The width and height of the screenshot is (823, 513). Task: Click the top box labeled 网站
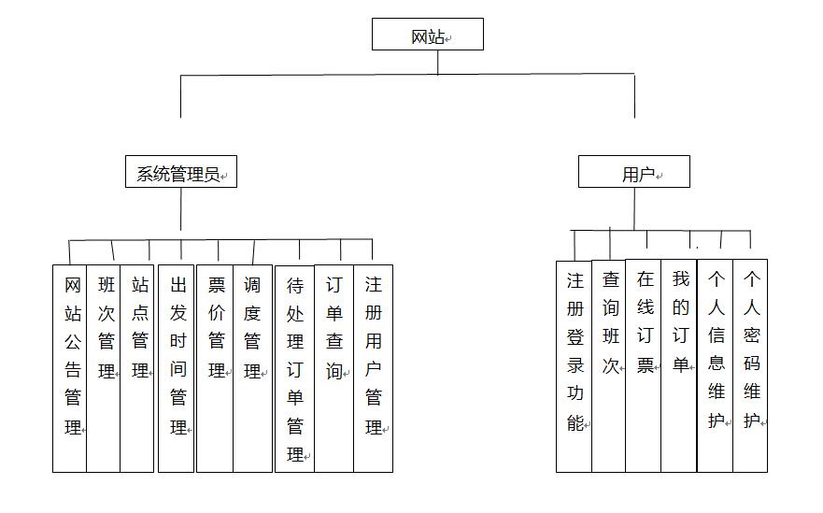(427, 35)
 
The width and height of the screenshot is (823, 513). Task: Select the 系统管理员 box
(181, 171)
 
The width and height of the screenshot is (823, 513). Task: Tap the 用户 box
(634, 171)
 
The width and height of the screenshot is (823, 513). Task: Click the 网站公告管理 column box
(69, 368)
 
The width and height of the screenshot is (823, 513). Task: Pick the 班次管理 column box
(104, 368)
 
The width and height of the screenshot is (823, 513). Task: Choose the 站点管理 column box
(137, 368)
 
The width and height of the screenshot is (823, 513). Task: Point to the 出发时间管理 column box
(177, 368)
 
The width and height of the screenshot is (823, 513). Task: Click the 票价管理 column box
(215, 368)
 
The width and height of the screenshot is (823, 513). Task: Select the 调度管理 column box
(252, 368)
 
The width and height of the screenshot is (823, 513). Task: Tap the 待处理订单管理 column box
(294, 368)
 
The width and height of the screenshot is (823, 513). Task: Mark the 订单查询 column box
(333, 368)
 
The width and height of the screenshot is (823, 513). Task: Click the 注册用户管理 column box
(373, 368)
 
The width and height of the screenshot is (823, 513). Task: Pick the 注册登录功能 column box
(575, 366)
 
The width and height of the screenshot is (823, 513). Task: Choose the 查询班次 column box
(609, 366)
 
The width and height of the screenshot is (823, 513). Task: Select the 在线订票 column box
(644, 365)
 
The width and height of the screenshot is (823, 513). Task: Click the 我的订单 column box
(679, 365)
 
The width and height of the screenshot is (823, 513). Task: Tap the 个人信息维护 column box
(716, 365)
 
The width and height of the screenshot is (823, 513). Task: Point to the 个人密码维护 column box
(750, 365)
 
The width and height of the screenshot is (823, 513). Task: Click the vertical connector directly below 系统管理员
(180, 209)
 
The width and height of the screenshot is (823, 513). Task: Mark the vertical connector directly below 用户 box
(634, 209)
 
